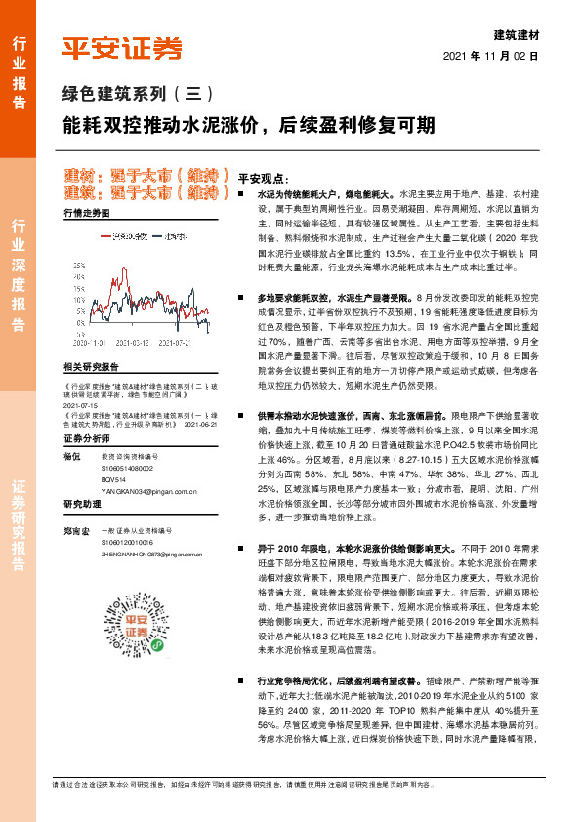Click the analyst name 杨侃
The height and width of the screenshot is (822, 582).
tap(70, 457)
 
